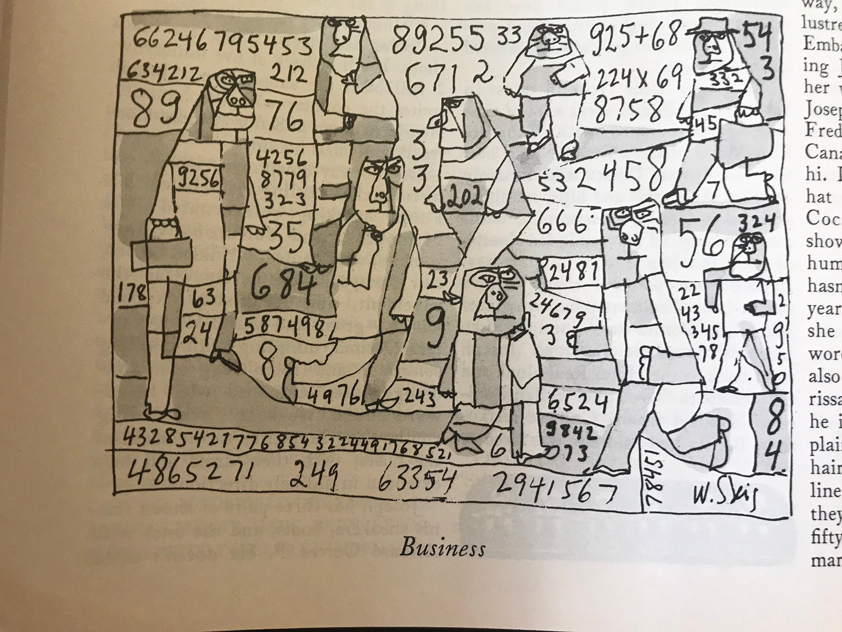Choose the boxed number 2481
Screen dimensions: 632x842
(573, 270)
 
